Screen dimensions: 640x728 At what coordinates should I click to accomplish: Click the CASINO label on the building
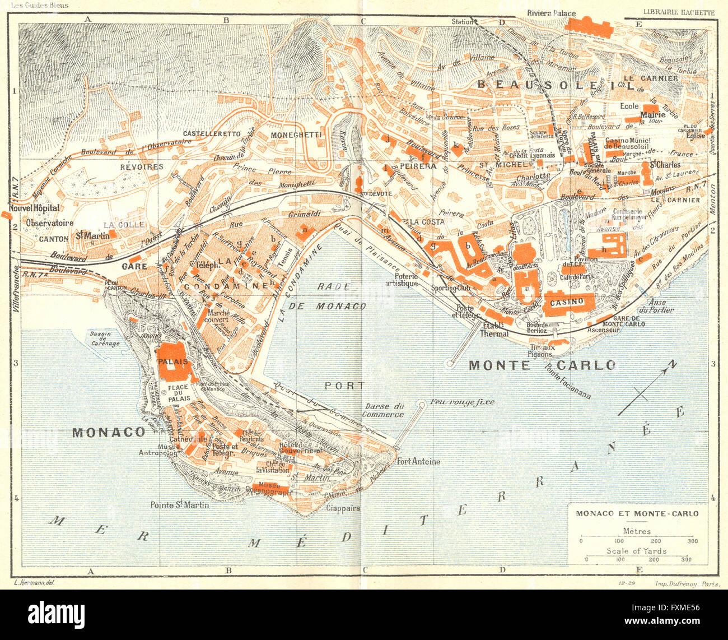567,302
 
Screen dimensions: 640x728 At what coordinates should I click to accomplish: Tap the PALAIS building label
173,361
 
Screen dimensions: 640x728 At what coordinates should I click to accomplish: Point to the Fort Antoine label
418,462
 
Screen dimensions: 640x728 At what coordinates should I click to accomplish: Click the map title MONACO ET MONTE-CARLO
637,513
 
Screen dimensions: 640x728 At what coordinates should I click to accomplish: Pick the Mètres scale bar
637,540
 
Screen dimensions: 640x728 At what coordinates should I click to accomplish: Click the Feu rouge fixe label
456,402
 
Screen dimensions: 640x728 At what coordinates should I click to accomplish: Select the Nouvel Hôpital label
38,208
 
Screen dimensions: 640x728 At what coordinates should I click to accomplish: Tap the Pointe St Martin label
179,505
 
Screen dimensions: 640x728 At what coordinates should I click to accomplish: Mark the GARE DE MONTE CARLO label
623,321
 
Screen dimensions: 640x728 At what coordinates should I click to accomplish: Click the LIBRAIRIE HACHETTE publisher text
679,12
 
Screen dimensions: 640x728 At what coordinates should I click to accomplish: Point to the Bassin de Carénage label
105,338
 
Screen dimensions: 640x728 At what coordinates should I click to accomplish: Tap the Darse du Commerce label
383,410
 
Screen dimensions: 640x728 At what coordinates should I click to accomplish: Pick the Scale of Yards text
636,551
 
